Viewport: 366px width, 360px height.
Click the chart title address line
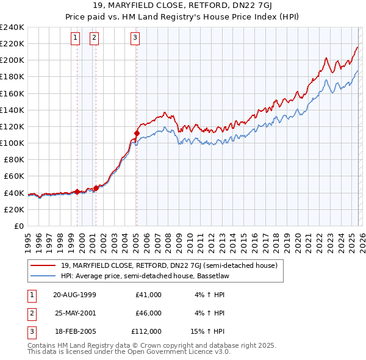[183, 7]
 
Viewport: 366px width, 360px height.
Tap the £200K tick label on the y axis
[12, 60]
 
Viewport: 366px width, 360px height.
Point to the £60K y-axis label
[14, 176]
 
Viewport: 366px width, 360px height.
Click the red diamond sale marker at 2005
[137, 133]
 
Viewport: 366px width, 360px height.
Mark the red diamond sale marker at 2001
[96, 188]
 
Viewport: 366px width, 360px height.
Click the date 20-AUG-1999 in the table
[74, 295]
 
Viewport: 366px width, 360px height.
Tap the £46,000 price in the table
[148, 313]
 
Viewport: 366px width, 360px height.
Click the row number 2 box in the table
[31, 313]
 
